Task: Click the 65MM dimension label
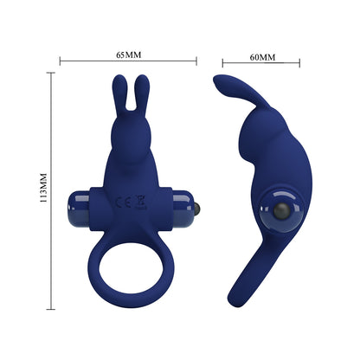pos(128,55)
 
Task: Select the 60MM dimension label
pos(261,57)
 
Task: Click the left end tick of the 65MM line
pos(60,61)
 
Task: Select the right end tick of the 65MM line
pos(197,61)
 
